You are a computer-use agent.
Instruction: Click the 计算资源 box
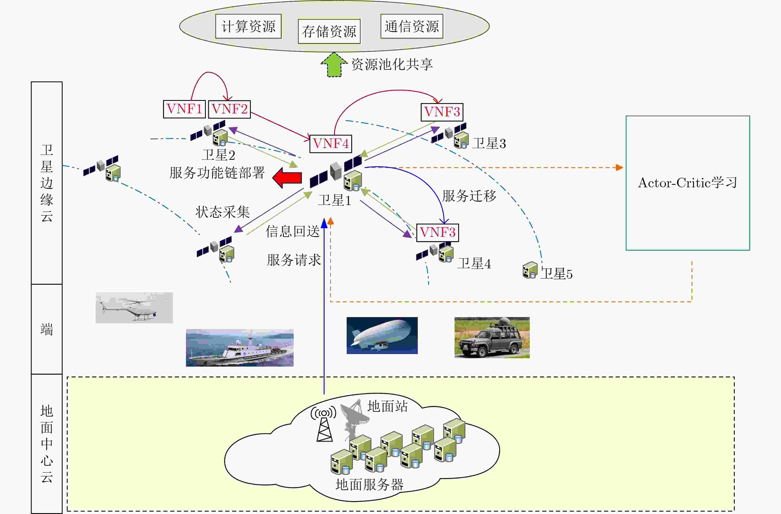coord(248,26)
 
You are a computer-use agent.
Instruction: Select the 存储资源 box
coord(329,31)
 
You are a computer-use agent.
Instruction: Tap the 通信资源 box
coord(412,26)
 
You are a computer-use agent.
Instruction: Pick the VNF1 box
coord(185,109)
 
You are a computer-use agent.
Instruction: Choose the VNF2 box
coord(229,109)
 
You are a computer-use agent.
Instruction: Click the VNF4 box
coord(331,144)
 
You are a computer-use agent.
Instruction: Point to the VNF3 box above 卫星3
coord(442,112)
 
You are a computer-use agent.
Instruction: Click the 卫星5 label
coord(557,273)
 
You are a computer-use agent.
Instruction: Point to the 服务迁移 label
coord(469,196)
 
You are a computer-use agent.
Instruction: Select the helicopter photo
coord(134,308)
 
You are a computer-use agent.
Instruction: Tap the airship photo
coord(382,335)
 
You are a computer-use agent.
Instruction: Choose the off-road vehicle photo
coord(492,337)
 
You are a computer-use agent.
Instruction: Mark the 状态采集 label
coord(223,212)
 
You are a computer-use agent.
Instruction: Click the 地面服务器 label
coord(369,484)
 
